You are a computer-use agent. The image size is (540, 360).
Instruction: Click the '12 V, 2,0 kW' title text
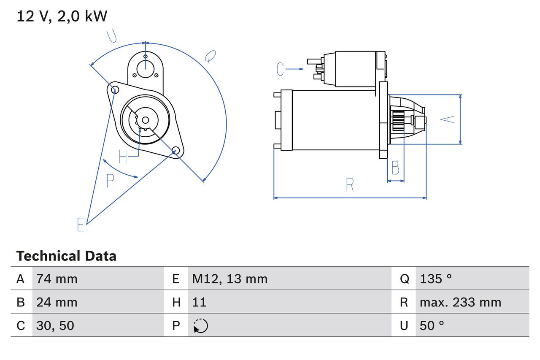pos(62,16)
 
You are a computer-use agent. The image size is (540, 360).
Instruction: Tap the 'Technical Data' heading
pos(66,256)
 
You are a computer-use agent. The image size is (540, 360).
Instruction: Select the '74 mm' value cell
pos(57,279)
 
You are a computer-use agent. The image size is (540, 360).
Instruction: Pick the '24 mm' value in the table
pos(57,302)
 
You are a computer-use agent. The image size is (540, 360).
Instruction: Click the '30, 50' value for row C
pos(55,325)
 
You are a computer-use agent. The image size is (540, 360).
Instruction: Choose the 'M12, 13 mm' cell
pos(230,279)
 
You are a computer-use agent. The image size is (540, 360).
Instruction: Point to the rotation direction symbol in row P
pos(200,326)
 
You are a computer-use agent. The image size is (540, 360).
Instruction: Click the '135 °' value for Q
pos(436,279)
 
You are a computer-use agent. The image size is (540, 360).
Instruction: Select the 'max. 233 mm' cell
pos(460,302)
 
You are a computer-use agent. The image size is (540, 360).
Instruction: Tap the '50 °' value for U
pos(432,325)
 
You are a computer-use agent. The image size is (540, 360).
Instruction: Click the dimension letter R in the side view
pos(350,185)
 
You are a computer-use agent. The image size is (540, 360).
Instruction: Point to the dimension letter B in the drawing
pos(395,168)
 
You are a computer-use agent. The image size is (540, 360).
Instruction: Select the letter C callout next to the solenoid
pos(281,69)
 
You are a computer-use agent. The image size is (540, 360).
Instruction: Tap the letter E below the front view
pos(81,225)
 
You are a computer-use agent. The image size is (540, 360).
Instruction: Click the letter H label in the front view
pos(123,157)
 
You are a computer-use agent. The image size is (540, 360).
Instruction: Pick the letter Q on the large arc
pos(210,56)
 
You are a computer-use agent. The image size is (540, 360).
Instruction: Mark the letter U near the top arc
pos(112,36)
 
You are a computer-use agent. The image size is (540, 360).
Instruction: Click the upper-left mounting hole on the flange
pos(113,89)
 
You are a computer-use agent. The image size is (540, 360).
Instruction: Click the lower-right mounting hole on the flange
pos(176,150)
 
